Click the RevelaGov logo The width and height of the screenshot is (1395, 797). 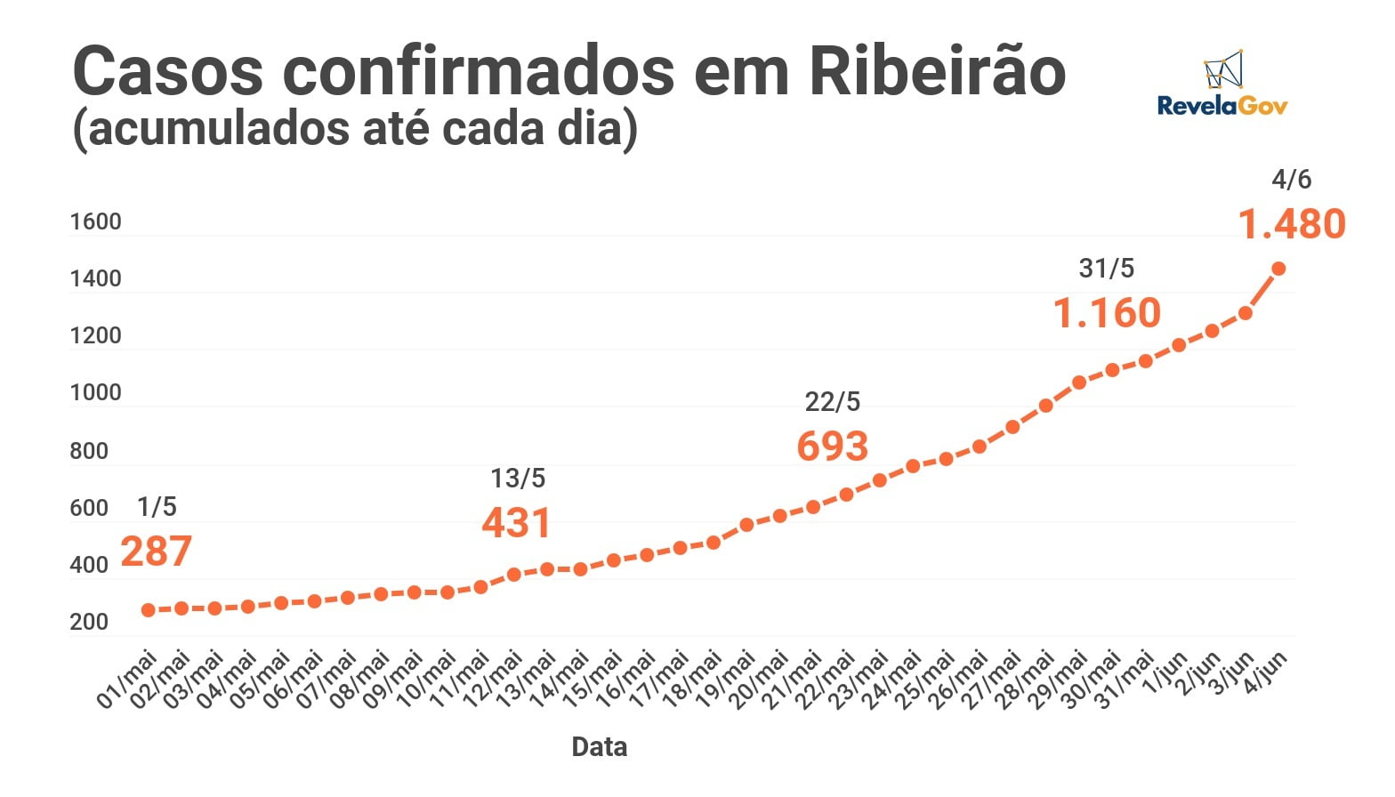click(1222, 85)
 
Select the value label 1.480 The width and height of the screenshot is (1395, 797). click(1292, 224)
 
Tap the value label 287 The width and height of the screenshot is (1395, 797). click(157, 551)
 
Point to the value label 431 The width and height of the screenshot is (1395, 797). click(517, 523)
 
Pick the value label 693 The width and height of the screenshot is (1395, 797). click(833, 447)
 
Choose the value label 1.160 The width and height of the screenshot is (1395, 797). click(1108, 313)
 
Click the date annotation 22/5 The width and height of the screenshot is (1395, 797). click(833, 402)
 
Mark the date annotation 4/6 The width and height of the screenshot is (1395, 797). click(1292, 180)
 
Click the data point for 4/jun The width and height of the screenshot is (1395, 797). click(1278, 269)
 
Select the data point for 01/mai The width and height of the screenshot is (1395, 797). click(149, 610)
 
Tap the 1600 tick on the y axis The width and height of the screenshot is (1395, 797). click(95, 221)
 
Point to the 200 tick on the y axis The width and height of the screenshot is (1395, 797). click(89, 622)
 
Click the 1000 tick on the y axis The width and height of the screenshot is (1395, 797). click(95, 393)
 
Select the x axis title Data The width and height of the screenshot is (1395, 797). click(599, 747)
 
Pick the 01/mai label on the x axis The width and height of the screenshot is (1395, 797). click(127, 680)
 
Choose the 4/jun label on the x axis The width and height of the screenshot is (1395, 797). click(1265, 676)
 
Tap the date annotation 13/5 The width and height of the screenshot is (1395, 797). click(518, 479)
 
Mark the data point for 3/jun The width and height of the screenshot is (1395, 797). click(1246, 313)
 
